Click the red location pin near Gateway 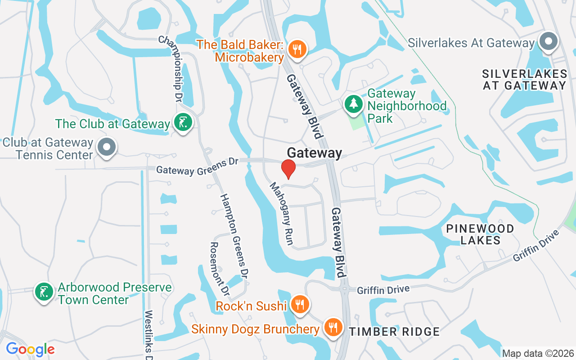click(x=288, y=169)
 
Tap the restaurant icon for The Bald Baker click(x=297, y=49)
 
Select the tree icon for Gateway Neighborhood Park click(x=354, y=104)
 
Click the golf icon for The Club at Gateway click(x=183, y=123)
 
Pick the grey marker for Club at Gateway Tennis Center click(x=107, y=147)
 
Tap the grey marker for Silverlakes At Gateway click(x=548, y=42)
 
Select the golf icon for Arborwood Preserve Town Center click(x=44, y=292)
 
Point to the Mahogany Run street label click(x=282, y=214)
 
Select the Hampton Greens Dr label click(x=235, y=236)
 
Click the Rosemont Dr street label click(x=221, y=270)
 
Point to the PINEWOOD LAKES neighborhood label click(x=480, y=234)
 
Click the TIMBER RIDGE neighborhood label click(x=394, y=332)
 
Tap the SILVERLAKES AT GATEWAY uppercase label click(x=524, y=79)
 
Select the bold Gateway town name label click(x=315, y=153)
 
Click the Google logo click(x=30, y=349)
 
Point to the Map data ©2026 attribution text click(x=538, y=353)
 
